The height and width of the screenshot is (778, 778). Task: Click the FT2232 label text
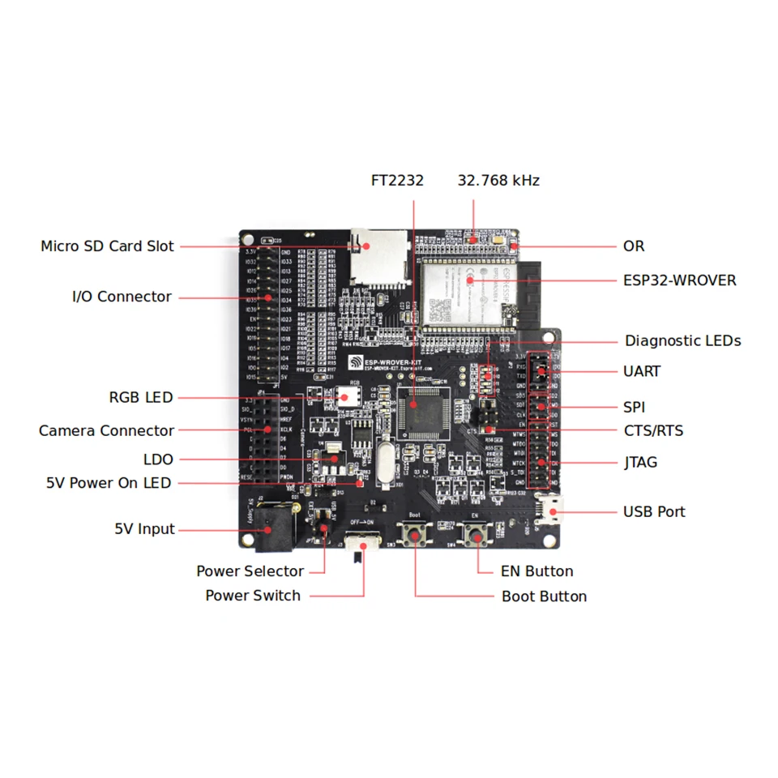pyautogui.click(x=397, y=181)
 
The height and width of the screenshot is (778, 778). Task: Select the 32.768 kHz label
pyautogui.click(x=498, y=181)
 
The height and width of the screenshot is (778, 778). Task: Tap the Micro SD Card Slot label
pyautogui.click(x=107, y=246)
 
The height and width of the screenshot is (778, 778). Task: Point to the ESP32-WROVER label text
pyautogui.click(x=679, y=280)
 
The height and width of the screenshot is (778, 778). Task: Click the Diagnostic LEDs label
pyautogui.click(x=682, y=341)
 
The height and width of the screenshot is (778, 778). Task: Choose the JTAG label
pyautogui.click(x=640, y=463)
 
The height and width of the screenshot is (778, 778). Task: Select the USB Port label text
pyautogui.click(x=654, y=511)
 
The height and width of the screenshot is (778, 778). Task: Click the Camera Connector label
pyautogui.click(x=106, y=430)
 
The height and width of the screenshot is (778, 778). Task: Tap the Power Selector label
pyautogui.click(x=250, y=571)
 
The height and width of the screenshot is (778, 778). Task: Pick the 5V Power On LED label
pyautogui.click(x=109, y=483)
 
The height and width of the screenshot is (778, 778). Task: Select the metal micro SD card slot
pyautogui.click(x=377, y=258)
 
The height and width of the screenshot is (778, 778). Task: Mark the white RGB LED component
pyautogui.click(x=349, y=396)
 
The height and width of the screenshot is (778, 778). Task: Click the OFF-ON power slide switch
pyautogui.click(x=362, y=542)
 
